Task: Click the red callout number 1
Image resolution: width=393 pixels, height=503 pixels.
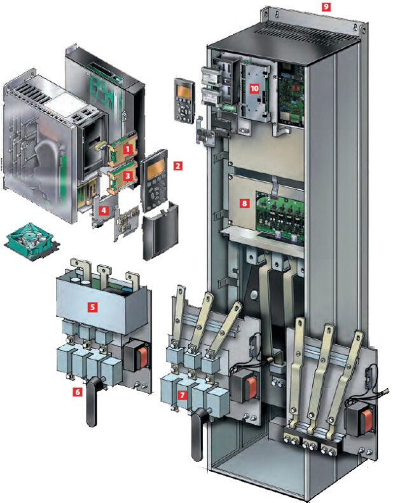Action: [x=128, y=149]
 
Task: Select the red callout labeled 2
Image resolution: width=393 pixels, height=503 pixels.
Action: [x=178, y=166]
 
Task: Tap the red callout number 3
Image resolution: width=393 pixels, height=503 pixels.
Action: [x=128, y=175]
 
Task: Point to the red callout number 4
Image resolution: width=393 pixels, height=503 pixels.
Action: [x=104, y=211]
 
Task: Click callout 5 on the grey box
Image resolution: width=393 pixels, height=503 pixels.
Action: [x=93, y=307]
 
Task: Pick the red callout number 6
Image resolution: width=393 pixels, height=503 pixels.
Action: [x=78, y=392]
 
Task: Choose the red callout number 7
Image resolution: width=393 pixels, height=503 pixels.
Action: [x=182, y=395]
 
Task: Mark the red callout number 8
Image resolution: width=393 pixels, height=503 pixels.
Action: [x=245, y=203]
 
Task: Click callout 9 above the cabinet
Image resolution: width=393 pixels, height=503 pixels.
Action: [x=326, y=6]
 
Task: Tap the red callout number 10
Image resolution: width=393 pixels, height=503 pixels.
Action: [x=254, y=88]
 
